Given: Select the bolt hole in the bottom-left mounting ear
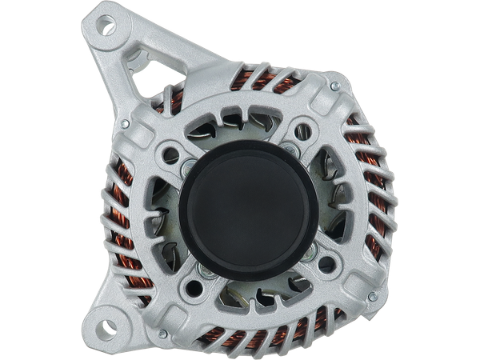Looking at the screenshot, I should pos(109,328).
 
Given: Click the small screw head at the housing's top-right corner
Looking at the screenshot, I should pos(336,82).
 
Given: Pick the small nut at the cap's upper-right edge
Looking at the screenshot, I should pos(286,149).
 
